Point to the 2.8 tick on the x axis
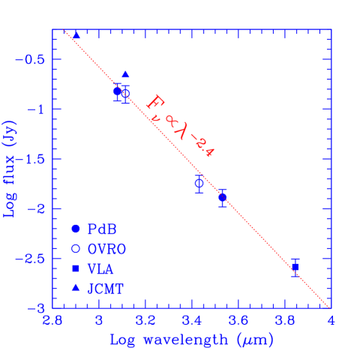[x=52, y=321]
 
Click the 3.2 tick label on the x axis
[x=145, y=321]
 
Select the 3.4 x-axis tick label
[x=192, y=321]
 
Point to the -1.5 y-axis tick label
[x=34, y=159]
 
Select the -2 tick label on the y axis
[x=38, y=208]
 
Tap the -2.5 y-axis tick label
[x=34, y=259]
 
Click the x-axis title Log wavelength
[x=191, y=340]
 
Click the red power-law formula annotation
[x=180, y=126]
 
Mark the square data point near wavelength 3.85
[x=295, y=267]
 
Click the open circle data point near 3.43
[x=199, y=182]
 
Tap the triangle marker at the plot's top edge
[x=76, y=34]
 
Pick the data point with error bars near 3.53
[x=222, y=197]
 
